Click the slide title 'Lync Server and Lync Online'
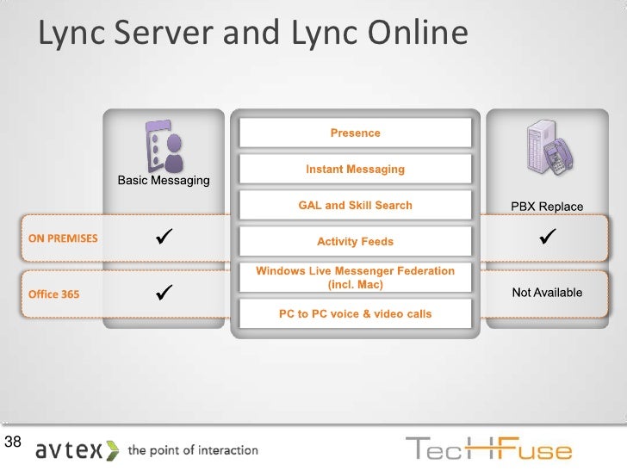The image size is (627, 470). [x=253, y=34]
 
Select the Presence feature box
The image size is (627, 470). [x=355, y=133]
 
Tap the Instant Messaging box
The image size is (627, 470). [x=355, y=170]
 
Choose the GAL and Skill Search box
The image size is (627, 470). [x=355, y=206]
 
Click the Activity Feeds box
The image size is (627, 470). [x=355, y=242]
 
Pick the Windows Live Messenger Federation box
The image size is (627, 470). [x=355, y=277]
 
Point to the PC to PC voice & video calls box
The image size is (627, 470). [x=355, y=314]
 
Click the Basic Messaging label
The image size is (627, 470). [x=164, y=181]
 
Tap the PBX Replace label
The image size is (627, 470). [x=547, y=207]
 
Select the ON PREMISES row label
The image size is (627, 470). [x=63, y=238]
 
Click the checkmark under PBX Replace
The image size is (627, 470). [x=546, y=235]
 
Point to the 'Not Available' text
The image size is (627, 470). [x=547, y=293]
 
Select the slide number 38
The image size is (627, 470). [x=13, y=443]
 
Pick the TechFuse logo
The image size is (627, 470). [x=487, y=449]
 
